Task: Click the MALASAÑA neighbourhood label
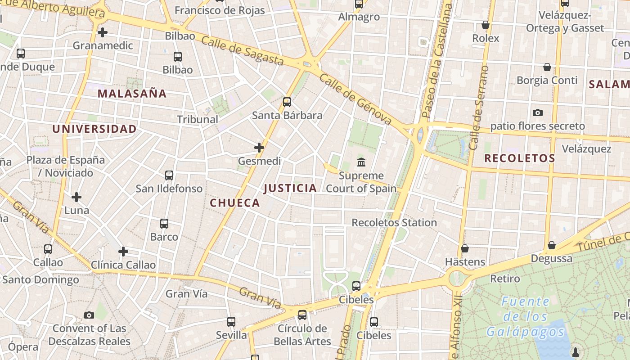pos(132,94)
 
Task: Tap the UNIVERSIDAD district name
pos(94,129)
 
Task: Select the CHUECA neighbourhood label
pos(235,203)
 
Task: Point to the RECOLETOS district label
pos(519,158)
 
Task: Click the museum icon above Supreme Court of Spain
pos(361,162)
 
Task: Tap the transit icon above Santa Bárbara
pos(287,102)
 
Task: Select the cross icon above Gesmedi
pos(259,148)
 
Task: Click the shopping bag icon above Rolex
pos(486,25)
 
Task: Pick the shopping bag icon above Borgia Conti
pos(547,67)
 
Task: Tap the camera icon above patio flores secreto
pos(537,112)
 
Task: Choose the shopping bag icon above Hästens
pos(465,248)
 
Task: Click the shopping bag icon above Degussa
pos(552,245)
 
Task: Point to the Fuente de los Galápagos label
pos(525,317)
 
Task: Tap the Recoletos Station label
pos(394,223)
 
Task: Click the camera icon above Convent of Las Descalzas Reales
pos(89,315)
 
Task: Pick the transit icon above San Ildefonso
pos(169,175)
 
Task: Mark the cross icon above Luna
pos(76,197)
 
